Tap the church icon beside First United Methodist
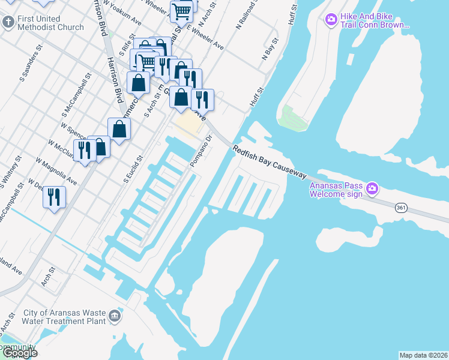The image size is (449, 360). (8, 23)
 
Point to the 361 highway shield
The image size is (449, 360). (402, 207)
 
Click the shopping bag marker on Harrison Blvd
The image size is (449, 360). (119, 128)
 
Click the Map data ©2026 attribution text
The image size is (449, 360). (423, 355)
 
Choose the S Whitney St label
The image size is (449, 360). (11, 171)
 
